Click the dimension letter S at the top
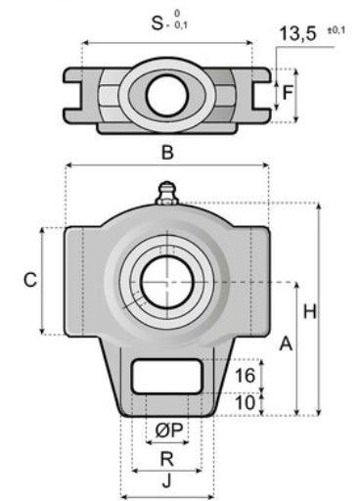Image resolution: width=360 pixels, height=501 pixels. pos(157,23)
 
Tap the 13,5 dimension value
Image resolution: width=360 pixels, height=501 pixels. pos(298,33)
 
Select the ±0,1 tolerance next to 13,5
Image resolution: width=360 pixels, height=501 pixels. pos(336,30)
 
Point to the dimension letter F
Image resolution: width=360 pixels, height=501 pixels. pos(288,93)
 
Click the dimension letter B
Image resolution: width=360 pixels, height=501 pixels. pos(167,153)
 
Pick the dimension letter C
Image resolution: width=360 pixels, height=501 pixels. pos(30,280)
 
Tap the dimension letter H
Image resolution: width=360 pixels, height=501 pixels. pos(310,311)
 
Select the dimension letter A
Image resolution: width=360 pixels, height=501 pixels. pos(286,343)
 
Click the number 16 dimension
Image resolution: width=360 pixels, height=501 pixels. pos(245,376)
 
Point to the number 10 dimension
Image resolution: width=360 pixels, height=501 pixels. pos(245,402)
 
